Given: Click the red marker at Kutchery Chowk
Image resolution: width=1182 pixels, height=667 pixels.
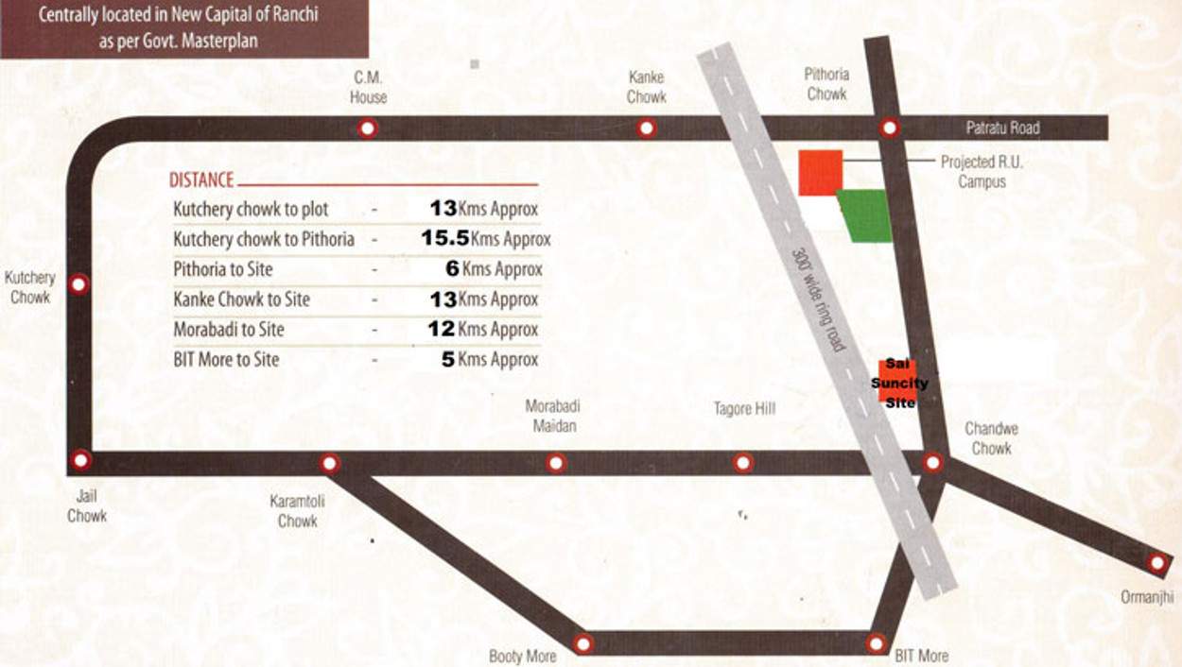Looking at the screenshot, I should pos(80,283).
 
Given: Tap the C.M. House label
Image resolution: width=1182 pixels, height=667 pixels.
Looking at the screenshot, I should pos(368,87).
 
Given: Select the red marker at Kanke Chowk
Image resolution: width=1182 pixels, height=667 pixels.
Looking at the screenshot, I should pos(646,128).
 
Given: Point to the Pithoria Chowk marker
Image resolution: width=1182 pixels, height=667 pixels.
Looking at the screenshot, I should pos(889,128).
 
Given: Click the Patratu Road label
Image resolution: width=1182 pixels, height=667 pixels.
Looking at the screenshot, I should pos(1002,128).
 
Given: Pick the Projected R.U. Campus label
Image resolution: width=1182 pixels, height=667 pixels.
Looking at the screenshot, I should pos(982,171).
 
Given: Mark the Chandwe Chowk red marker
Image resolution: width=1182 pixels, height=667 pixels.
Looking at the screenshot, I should pos(932,462).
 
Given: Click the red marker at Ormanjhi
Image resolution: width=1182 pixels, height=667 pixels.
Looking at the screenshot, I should pos(1156,563).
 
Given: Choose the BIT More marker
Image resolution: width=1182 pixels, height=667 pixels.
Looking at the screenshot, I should pos(877,643).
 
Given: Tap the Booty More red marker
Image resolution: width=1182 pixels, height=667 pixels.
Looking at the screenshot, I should pos(583,643).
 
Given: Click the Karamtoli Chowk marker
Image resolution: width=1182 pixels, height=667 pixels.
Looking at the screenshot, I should pos(329,463).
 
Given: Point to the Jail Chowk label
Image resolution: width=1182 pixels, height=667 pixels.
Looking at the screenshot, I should pos(86,505).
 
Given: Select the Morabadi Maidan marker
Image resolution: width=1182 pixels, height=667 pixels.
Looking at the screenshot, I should pos(556,463).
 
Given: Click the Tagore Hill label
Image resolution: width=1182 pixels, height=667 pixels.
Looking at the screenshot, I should pos(744,409).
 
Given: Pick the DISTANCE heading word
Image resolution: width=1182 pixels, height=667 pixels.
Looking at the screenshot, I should pos(200,180).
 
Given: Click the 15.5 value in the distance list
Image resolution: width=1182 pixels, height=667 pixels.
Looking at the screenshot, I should pos(445,239).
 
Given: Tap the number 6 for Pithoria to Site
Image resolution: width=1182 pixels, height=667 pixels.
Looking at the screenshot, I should pos(452,269).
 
